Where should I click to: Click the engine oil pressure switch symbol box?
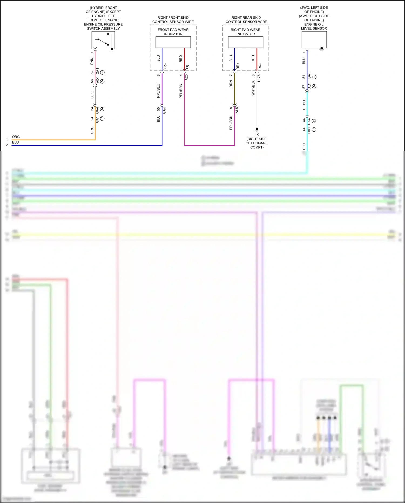[x=103, y=40]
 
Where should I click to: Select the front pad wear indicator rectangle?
[x=173, y=42]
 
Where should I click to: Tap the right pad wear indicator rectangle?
[x=245, y=42]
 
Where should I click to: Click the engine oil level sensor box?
[x=314, y=39]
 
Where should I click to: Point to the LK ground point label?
[x=256, y=135]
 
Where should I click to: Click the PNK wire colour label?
[x=92, y=61]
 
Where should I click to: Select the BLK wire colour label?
[x=92, y=95]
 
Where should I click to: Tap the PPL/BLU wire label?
[x=158, y=91]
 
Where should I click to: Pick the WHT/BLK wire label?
[x=253, y=88]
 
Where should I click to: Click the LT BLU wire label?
[x=304, y=104]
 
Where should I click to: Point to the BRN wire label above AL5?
[x=231, y=84]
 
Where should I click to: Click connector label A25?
[x=186, y=77]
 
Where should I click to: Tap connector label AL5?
[x=237, y=110]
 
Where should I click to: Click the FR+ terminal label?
[x=165, y=66]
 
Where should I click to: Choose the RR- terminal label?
[x=260, y=66]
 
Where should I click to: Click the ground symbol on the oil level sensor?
[x=322, y=49]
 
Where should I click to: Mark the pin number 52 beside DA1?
[x=92, y=72]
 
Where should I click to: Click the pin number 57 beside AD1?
[x=304, y=86]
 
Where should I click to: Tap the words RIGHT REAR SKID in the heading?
[x=246, y=18]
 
